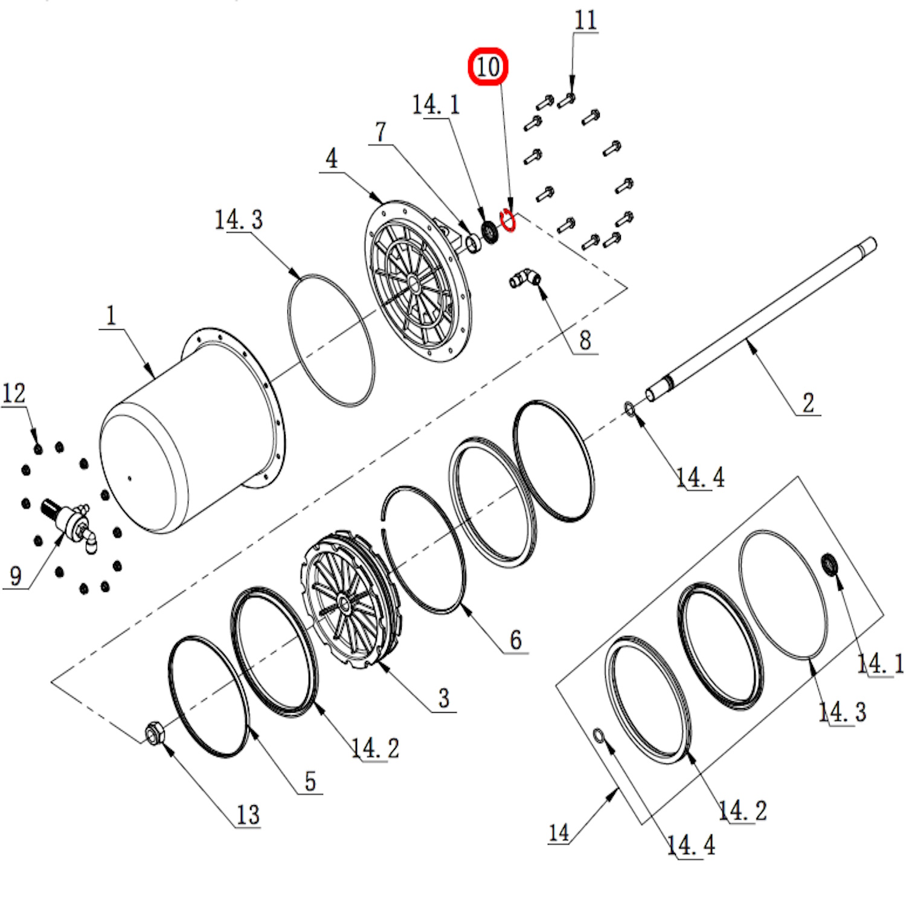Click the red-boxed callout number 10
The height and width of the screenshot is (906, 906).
point(488,66)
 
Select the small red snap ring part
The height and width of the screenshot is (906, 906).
point(509,220)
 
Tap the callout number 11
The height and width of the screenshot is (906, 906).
point(585,21)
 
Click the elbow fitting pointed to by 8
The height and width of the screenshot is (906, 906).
point(525,278)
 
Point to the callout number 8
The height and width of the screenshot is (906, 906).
point(585,341)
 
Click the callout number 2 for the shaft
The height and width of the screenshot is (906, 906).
point(808,403)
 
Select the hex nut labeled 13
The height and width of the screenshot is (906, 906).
point(152,733)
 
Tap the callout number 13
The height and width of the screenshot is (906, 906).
point(248,815)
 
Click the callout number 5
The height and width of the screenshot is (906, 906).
point(310,782)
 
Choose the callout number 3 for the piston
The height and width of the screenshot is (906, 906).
point(444,699)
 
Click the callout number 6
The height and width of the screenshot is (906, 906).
point(515,640)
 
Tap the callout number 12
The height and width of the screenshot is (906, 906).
point(14,394)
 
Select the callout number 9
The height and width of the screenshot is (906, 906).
point(16,576)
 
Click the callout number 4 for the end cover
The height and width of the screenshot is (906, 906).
point(332,159)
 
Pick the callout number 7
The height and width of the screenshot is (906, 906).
point(381,132)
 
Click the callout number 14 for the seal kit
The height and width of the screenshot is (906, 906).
point(559,833)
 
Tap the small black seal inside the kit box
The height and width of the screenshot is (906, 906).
point(830,564)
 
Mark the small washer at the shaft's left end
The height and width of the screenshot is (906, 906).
point(629,410)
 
